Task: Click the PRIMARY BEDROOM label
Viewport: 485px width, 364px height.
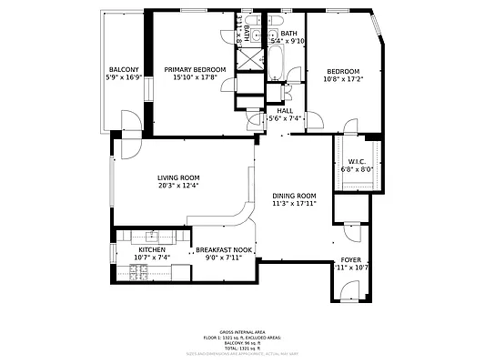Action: coord(195,69)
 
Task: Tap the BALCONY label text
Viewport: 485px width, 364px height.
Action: coord(125,70)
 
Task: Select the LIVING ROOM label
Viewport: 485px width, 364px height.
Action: coord(178,177)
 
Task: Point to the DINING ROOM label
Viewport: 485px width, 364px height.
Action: coord(294,196)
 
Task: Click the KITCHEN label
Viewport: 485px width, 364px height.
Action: coord(152,249)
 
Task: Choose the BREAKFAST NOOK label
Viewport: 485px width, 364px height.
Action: coord(224,249)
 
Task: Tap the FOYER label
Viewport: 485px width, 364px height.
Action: coord(350,259)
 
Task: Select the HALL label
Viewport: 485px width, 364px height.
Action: coord(285,110)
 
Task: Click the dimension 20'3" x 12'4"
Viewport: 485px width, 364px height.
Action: coord(178,186)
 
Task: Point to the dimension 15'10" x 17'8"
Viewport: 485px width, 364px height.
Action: coord(195,77)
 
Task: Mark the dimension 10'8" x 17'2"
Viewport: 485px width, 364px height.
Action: coord(343,80)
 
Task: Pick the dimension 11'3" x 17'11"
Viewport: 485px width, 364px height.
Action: coord(294,204)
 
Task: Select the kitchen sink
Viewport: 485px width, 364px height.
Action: coord(147,238)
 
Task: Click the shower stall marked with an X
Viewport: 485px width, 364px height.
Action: coord(248,57)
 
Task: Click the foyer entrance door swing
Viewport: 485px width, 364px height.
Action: coord(348,291)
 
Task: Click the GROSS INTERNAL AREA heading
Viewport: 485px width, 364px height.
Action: coord(241,332)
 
